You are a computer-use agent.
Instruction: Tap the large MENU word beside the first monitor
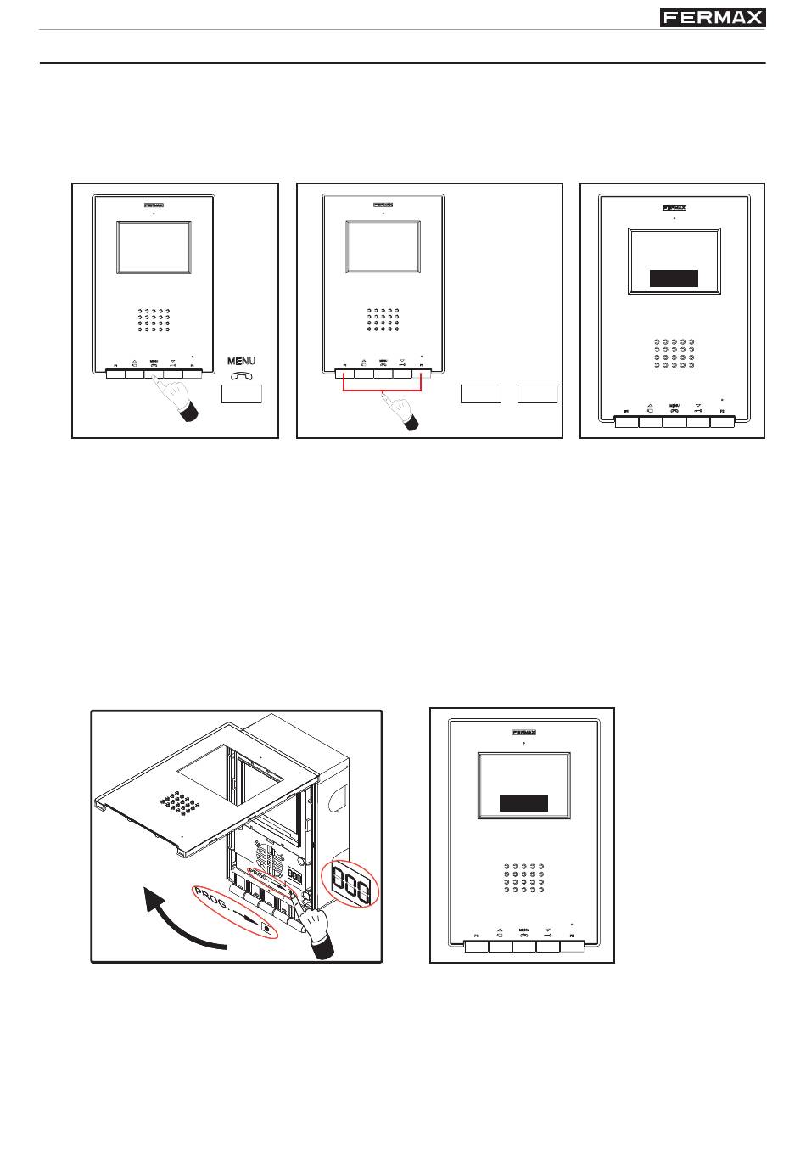[242, 362]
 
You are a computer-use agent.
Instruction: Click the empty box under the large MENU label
[242, 393]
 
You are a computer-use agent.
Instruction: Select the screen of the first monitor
[153, 247]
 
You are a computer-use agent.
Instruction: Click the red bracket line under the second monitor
[382, 391]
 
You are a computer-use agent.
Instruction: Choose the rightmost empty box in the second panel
[538, 393]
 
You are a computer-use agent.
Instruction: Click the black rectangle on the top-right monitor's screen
[674, 278]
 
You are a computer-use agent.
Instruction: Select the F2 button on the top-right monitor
[722, 421]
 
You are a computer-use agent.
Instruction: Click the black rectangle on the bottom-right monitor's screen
[523, 803]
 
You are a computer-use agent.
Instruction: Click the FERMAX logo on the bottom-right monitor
[523, 732]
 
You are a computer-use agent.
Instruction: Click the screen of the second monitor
[383, 247]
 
